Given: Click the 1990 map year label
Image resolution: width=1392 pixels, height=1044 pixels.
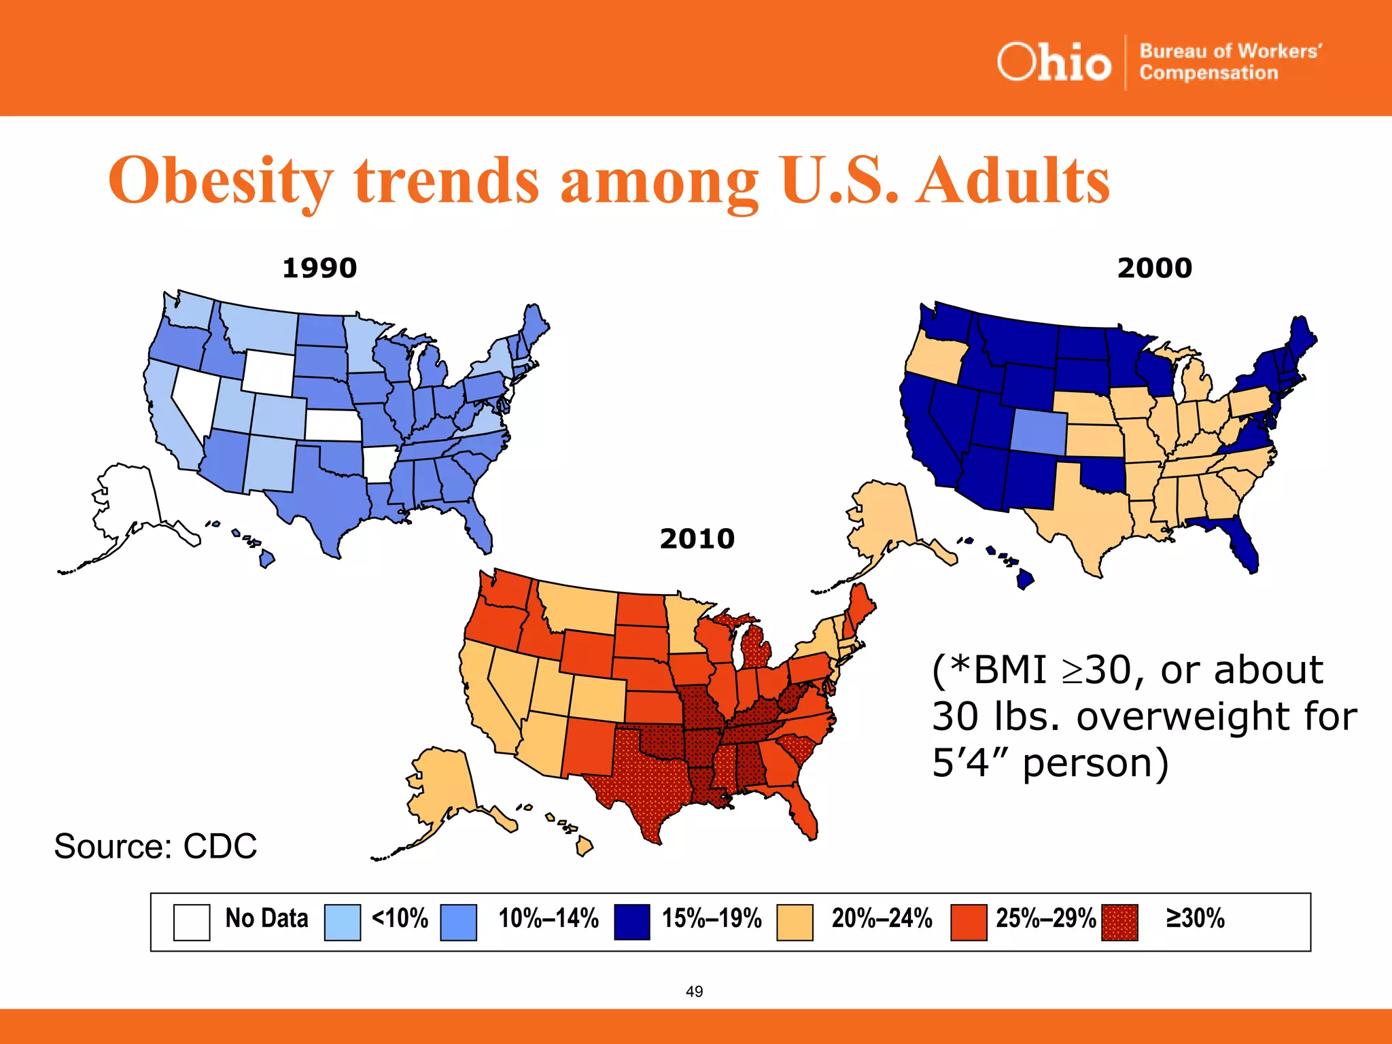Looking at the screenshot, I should click(x=319, y=268).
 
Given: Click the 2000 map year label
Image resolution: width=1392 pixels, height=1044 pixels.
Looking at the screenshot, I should click(x=1154, y=268).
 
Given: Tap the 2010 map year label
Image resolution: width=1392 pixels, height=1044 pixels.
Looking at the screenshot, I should click(x=697, y=539).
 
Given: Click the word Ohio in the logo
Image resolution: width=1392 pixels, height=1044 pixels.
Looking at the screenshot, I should click(x=1054, y=63).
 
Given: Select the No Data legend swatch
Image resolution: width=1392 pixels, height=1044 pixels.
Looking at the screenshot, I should click(x=191, y=922).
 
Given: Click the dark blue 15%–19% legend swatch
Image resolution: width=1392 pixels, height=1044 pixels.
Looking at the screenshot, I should click(x=631, y=922).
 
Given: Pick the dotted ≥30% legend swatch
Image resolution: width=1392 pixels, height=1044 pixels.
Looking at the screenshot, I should click(x=1119, y=922).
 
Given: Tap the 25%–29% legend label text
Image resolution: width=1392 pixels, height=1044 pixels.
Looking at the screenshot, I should click(x=1045, y=918).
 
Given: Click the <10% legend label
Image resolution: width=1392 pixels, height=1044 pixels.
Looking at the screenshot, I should click(x=400, y=918).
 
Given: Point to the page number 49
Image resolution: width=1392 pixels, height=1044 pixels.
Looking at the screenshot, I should click(x=694, y=992).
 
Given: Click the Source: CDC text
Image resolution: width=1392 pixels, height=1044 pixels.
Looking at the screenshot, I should click(x=156, y=846).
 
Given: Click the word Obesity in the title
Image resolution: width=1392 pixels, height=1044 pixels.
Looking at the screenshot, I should click(x=221, y=180).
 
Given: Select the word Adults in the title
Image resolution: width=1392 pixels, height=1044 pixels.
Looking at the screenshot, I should click(x=1013, y=180).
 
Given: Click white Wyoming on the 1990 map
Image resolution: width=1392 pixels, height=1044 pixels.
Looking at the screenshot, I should click(x=268, y=372).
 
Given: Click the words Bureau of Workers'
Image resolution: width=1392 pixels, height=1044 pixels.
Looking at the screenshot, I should click(x=1230, y=52).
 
